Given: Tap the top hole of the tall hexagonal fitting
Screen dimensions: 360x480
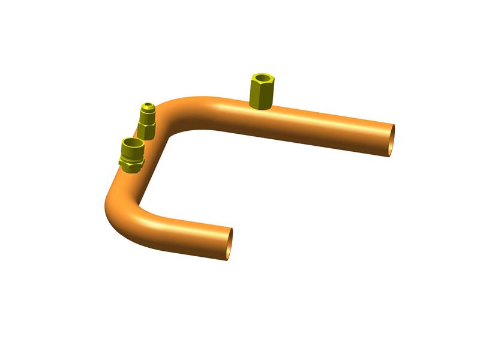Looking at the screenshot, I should pos(262,78).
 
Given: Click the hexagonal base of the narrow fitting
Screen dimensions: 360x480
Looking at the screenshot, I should pos(147,128).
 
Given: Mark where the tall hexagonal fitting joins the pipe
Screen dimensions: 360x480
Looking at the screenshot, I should pos(260,107).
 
